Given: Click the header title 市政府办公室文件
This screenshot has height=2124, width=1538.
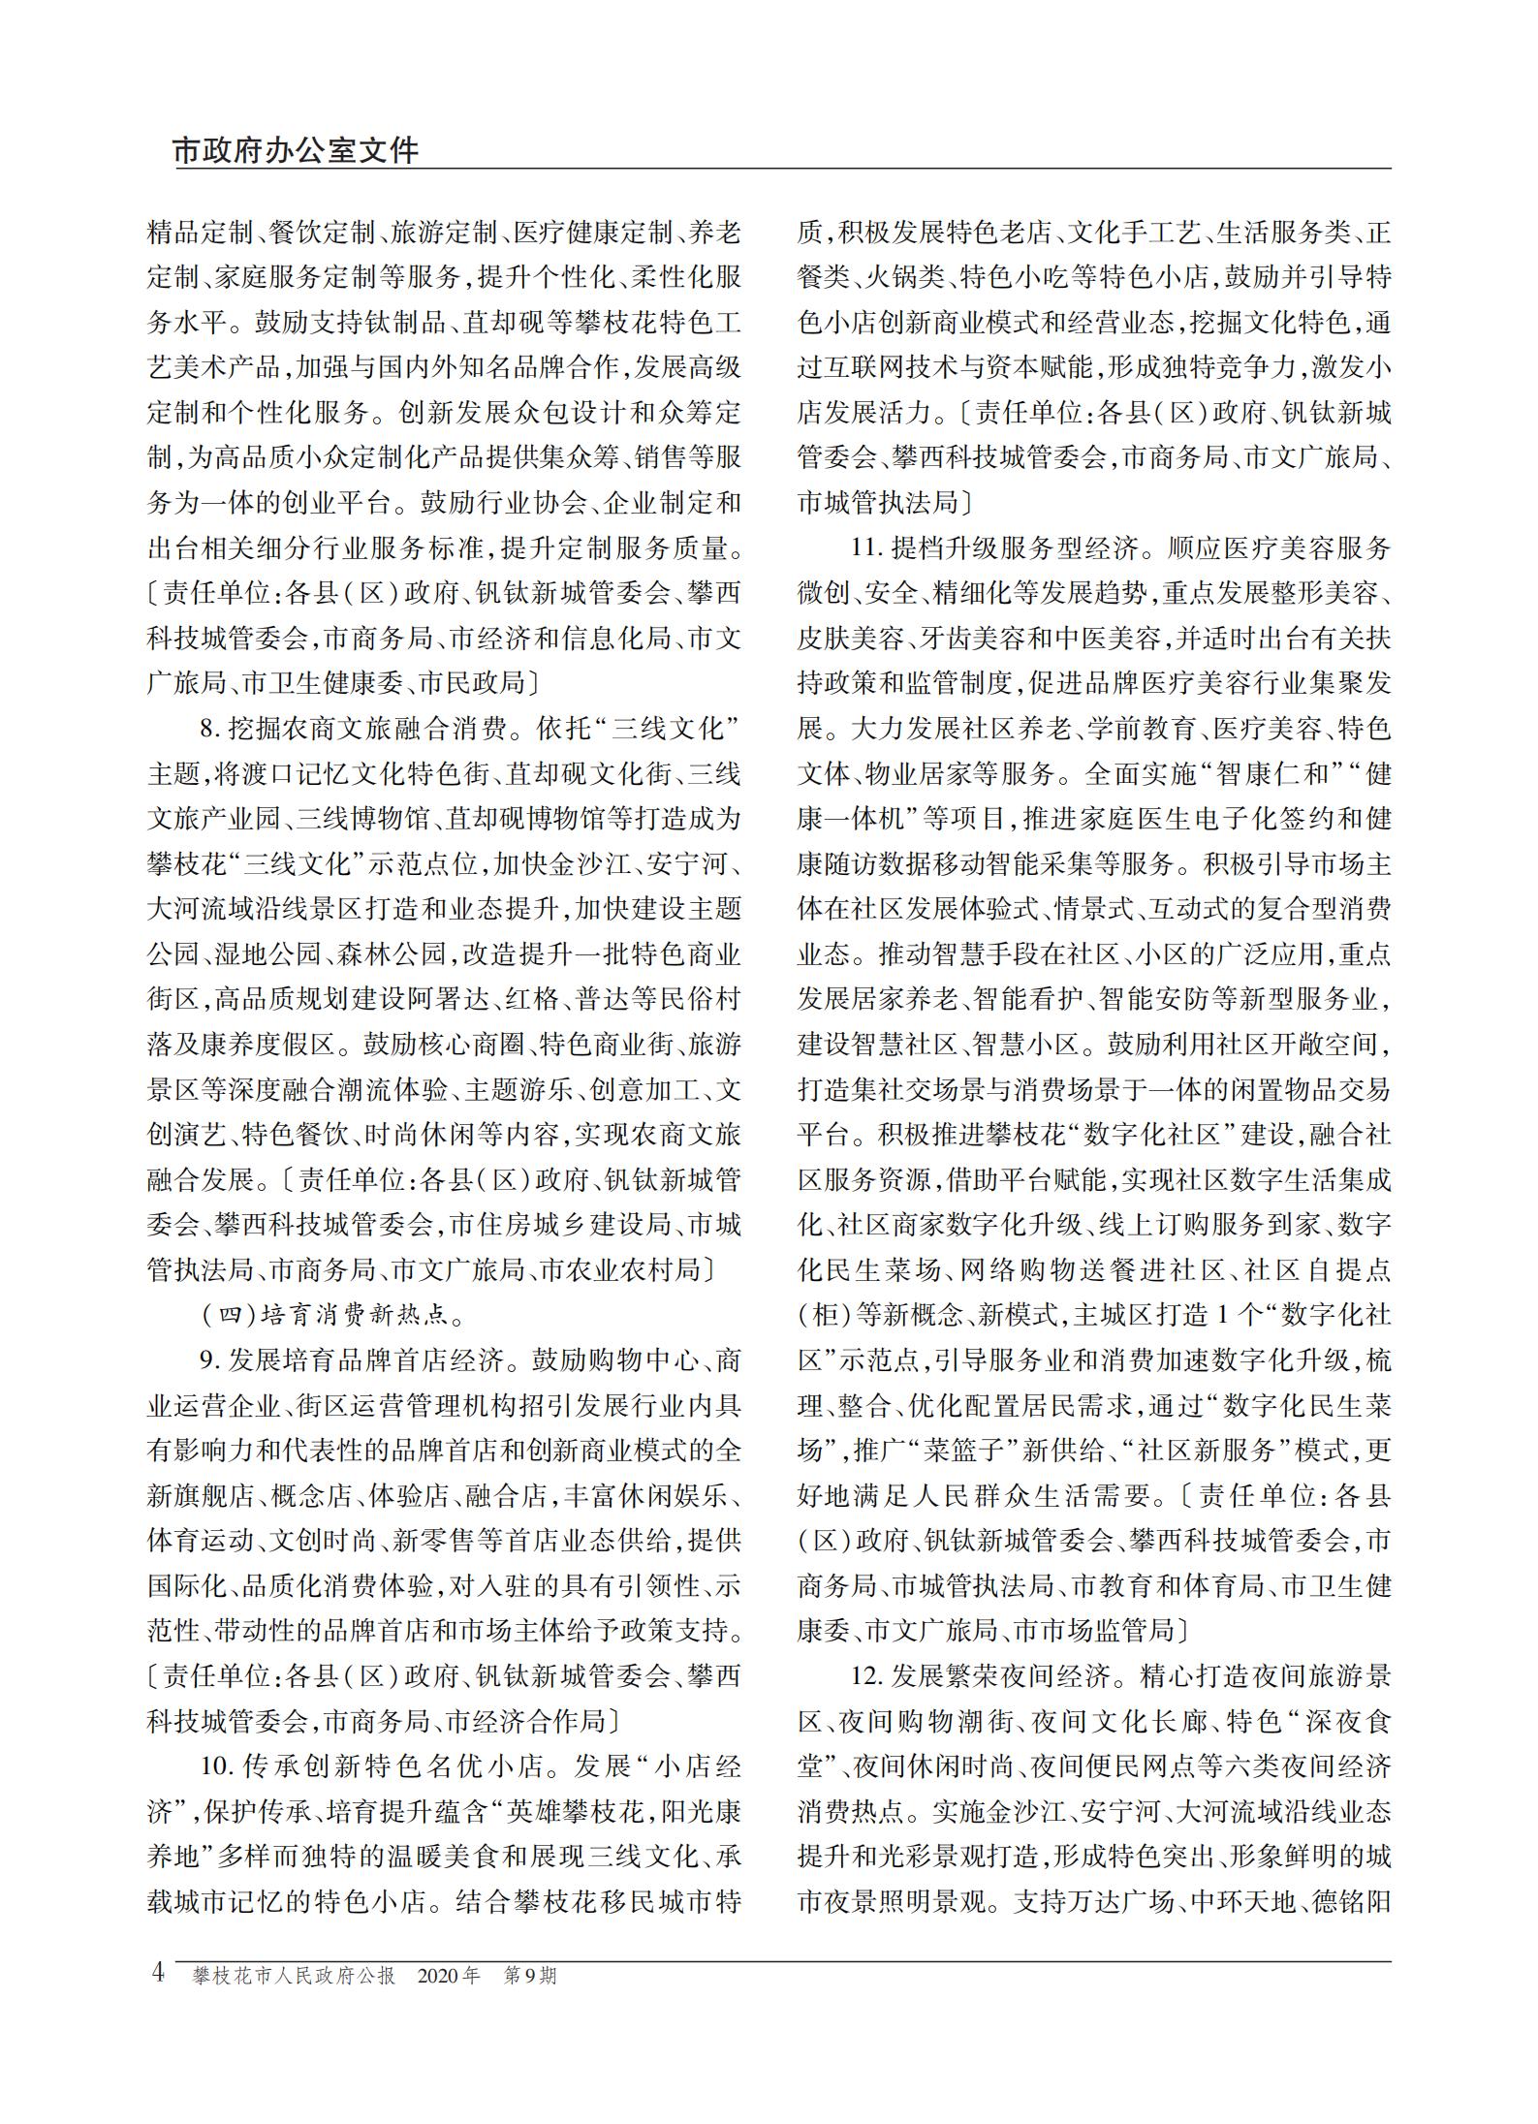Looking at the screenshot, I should click(x=296, y=151).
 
